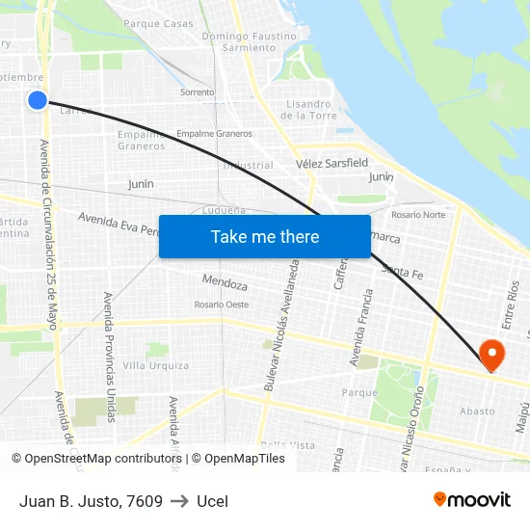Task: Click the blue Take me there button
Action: tap(265, 237)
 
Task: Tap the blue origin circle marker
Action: tap(38, 99)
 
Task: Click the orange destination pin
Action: tap(492, 354)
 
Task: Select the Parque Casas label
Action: tap(158, 23)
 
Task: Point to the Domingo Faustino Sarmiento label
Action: tap(249, 41)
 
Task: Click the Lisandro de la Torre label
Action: tap(308, 110)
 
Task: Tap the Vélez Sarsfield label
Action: tap(332, 164)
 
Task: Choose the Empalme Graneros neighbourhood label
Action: tap(142, 141)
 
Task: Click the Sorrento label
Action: tap(198, 93)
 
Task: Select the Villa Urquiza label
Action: tap(156, 366)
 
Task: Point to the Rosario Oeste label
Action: tap(222, 305)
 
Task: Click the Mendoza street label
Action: tap(225, 283)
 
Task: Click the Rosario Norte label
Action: tap(418, 214)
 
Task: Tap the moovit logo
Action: tap(472, 499)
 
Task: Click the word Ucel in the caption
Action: tap(212, 501)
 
